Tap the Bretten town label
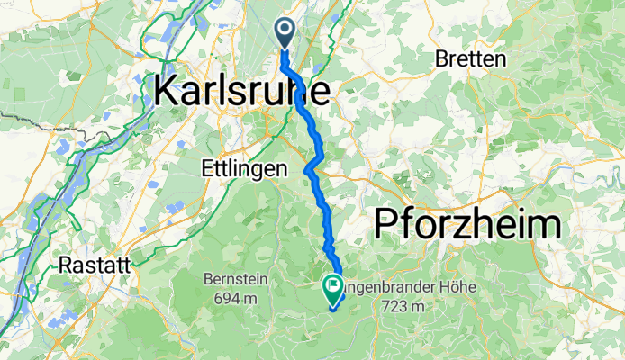(471, 59)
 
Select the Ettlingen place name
(244, 168)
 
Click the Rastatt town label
(95, 265)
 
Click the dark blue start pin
(285, 33)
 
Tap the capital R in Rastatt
(66, 265)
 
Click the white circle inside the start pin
(285, 31)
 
